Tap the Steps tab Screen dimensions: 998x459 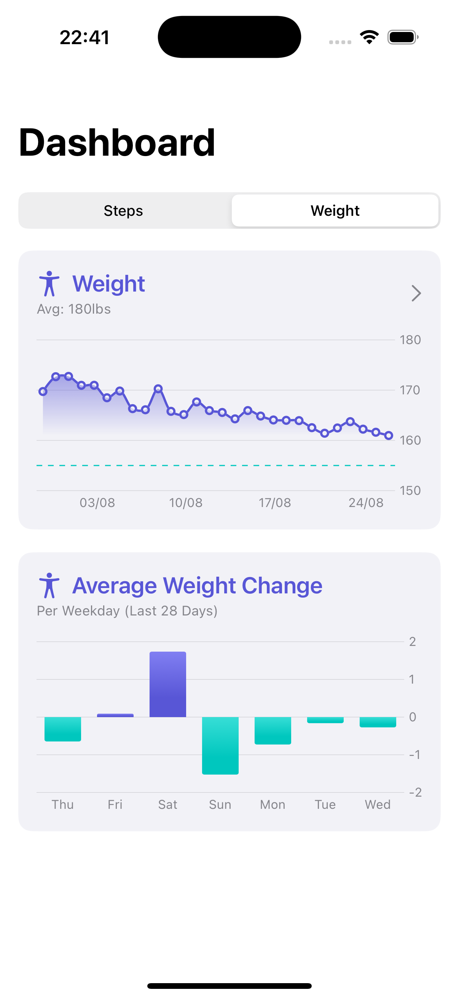coord(123,211)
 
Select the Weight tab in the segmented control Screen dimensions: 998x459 coord(335,211)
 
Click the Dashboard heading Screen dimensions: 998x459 coord(116,143)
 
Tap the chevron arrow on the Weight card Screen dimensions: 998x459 coord(416,293)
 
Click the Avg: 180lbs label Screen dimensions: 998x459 coord(73,309)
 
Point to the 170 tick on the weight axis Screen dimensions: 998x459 coord(410,390)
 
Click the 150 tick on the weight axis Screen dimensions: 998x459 coord(410,491)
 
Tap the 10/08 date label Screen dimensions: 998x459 coord(185,503)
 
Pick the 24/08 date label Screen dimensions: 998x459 coord(366,503)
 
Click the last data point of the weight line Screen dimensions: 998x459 coord(389,436)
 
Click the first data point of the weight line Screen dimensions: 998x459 coord(43,392)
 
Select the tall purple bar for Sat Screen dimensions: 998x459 coord(168,684)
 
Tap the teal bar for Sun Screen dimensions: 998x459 coord(220,745)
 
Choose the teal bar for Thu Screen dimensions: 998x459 coord(63,729)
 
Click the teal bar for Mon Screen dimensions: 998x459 coord(273,730)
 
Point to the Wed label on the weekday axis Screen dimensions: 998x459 coord(378,805)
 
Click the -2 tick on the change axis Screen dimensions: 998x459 coord(415,792)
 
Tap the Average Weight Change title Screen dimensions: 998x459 coord(197,585)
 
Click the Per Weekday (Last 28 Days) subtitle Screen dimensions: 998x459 coord(127,611)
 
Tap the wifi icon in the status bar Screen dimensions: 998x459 coord(369,37)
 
